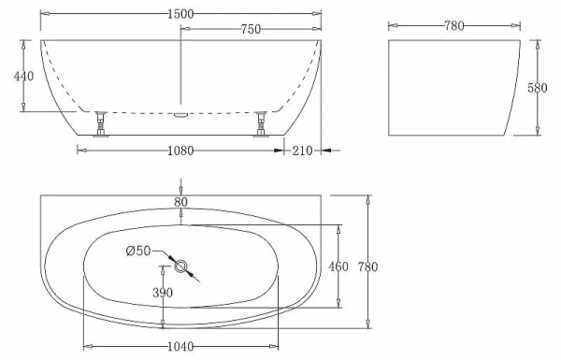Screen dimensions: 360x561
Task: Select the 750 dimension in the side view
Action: pos(250,30)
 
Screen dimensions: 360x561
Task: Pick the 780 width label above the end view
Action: pos(453,25)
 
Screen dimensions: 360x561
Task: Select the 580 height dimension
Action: pos(537,88)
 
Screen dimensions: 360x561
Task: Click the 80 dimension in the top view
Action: pos(180,201)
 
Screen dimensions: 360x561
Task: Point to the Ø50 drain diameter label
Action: pos(137,250)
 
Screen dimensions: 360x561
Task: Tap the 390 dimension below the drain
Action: pos(164,293)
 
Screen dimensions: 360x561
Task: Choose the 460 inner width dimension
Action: pos(338,266)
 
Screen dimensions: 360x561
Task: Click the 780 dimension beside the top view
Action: pos(368,266)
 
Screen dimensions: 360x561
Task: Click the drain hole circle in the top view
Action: pos(180,266)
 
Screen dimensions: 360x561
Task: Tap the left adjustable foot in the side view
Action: pos(101,123)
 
